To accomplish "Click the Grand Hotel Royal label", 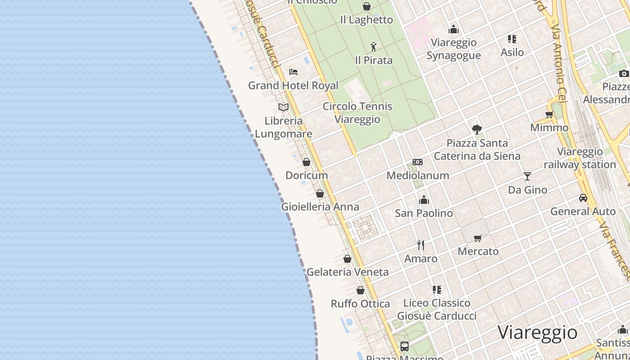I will (x=293, y=85).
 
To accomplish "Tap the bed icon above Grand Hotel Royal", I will (x=293, y=72).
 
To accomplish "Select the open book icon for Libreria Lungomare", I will (x=283, y=107).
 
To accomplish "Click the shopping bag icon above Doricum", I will (x=306, y=162).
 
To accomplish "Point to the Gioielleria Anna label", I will (x=320, y=207).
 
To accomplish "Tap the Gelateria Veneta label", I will (x=347, y=272).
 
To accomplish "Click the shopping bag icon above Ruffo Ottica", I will (x=360, y=290).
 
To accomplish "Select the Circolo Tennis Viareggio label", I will (x=357, y=113).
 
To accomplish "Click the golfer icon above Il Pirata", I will (x=373, y=46).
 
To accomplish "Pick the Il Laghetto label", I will (x=366, y=20).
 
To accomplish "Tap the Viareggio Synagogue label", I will (x=454, y=49).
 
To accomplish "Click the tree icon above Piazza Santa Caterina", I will (x=477, y=130).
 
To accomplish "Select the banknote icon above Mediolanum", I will (x=418, y=162).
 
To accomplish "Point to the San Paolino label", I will (x=424, y=213).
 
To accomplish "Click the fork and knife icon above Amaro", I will (x=421, y=245).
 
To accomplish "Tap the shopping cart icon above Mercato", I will (x=478, y=238).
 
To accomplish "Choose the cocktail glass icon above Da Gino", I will (x=527, y=176).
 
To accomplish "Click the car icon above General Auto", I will (x=583, y=198).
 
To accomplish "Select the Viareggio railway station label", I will (x=580, y=158).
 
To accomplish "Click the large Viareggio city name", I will (x=537, y=333).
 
